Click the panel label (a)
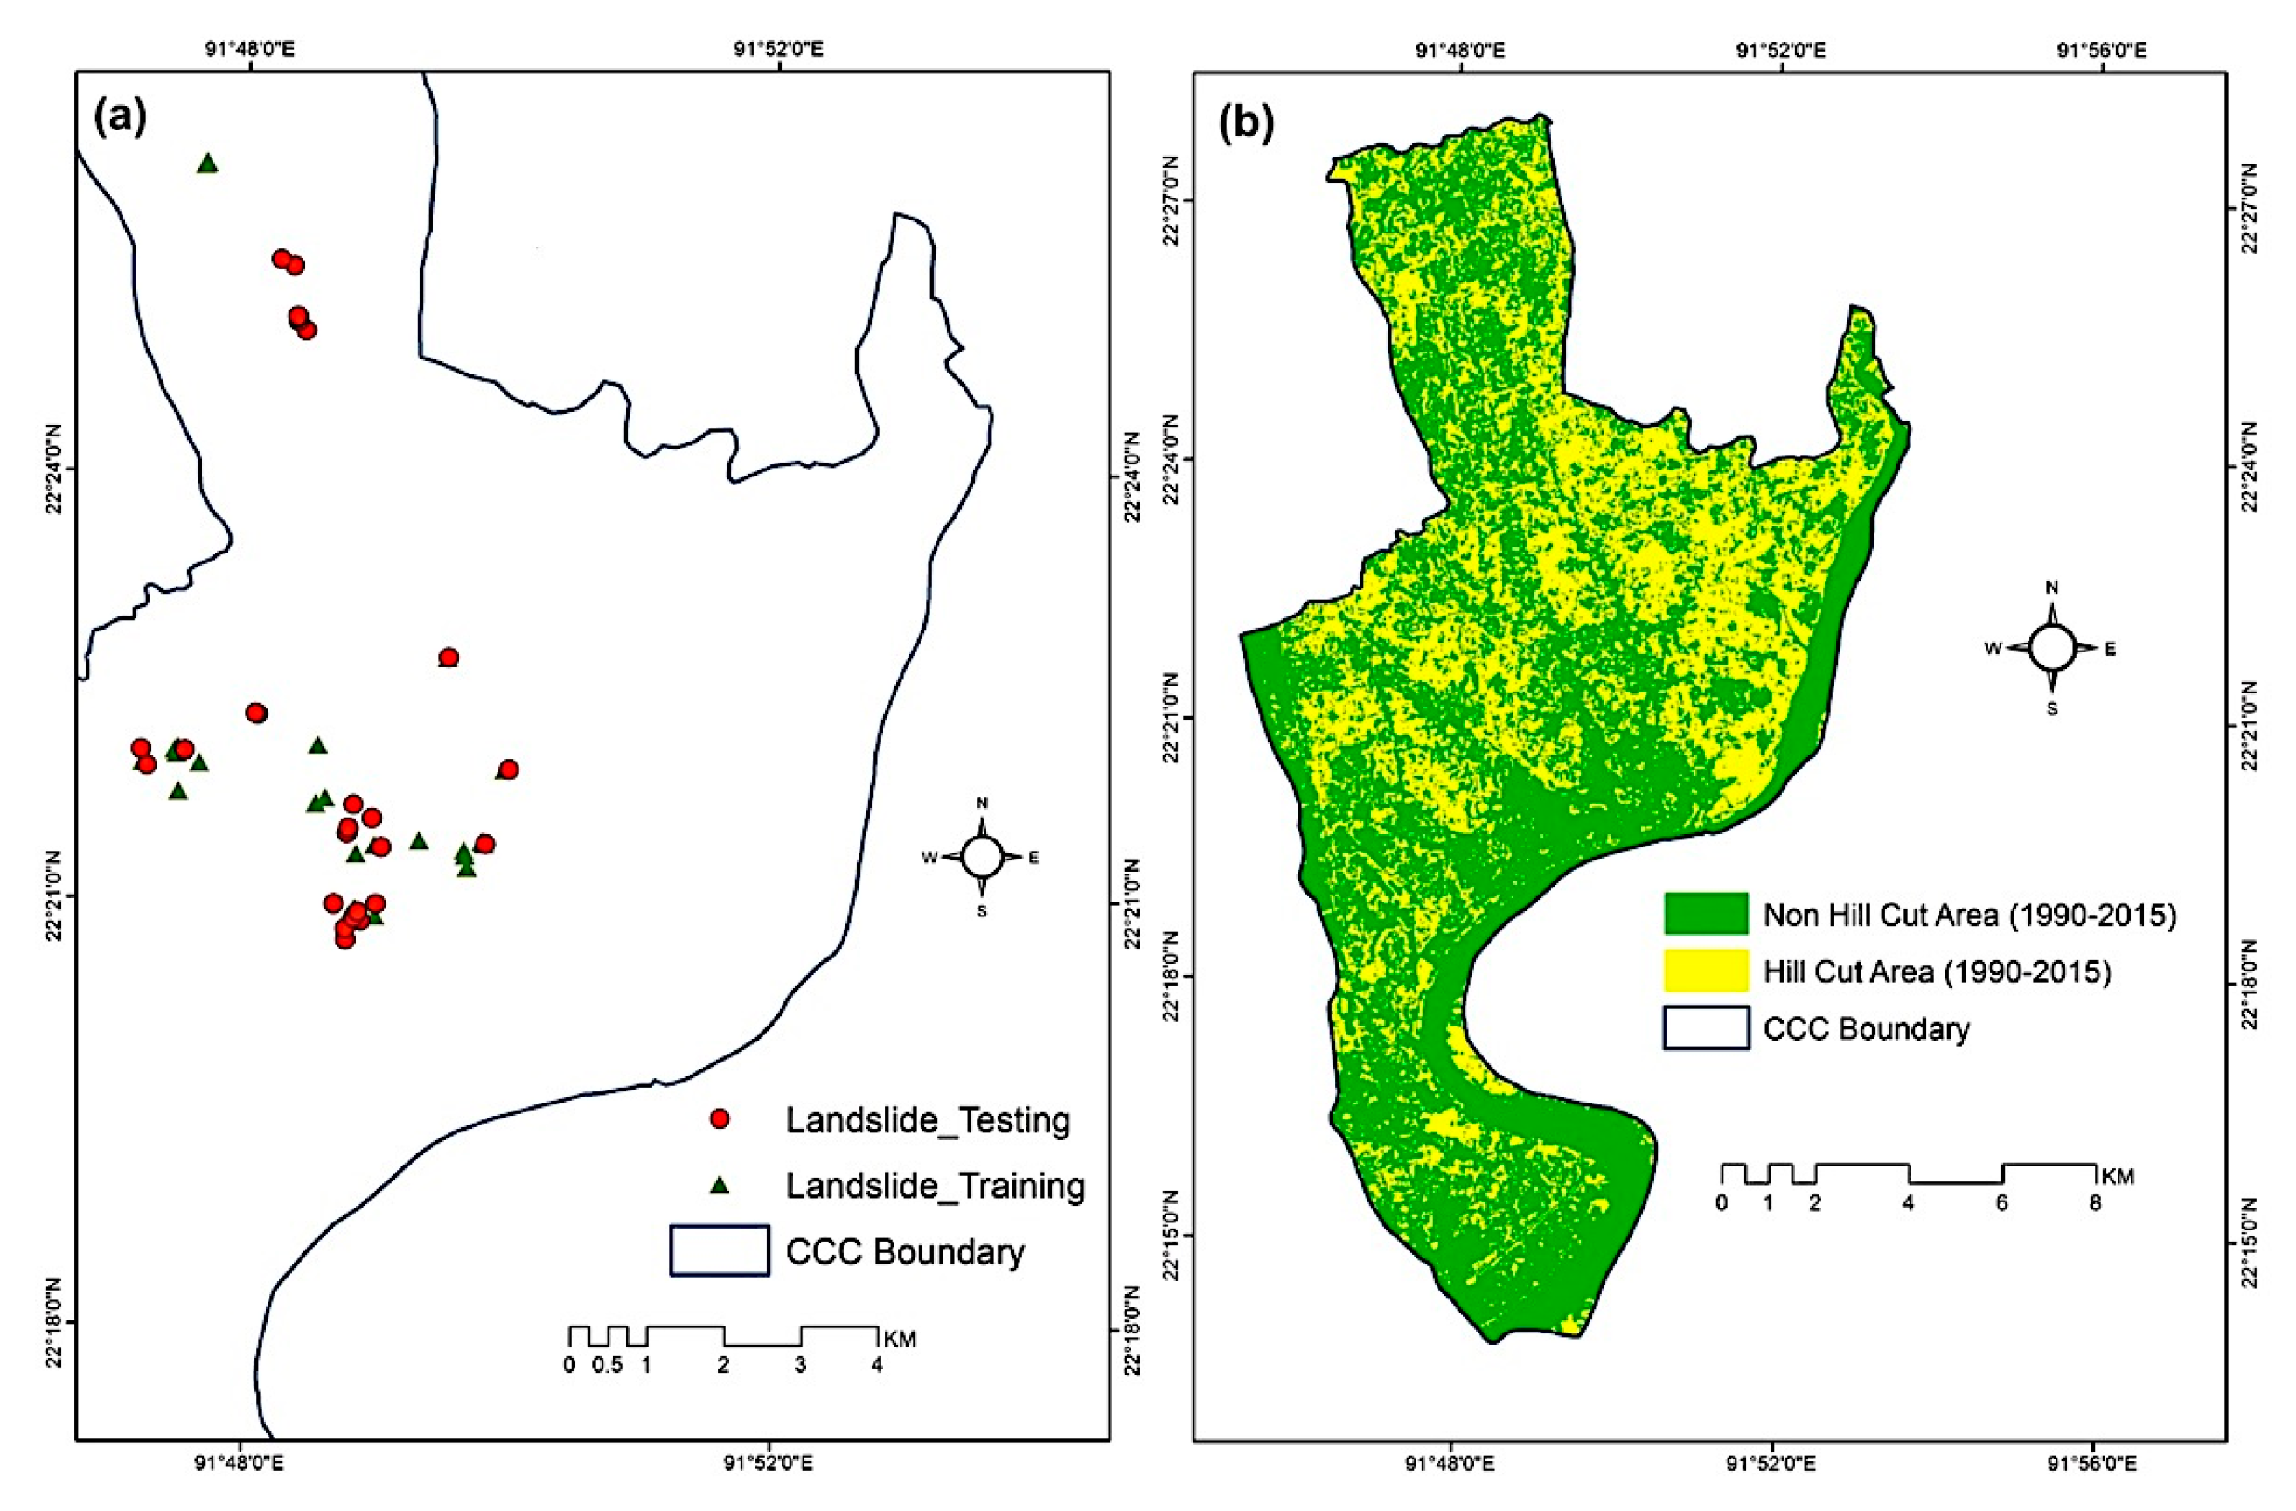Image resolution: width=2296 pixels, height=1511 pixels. [121, 117]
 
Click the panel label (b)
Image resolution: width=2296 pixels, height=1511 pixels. [1247, 123]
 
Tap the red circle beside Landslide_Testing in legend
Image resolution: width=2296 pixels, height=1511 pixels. [719, 1119]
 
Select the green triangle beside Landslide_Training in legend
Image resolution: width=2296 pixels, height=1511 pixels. [719, 1185]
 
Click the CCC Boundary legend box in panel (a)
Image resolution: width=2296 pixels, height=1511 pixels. [720, 1250]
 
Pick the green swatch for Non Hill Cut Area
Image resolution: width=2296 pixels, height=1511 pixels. [1706, 914]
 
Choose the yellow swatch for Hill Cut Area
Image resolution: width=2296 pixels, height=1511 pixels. [1706, 971]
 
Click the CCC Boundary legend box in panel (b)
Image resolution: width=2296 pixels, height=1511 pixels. [1706, 1027]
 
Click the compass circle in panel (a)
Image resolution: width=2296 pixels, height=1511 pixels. [982, 856]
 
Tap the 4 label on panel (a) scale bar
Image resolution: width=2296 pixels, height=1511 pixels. [877, 1365]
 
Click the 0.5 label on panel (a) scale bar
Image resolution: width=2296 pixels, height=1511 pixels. [607, 1365]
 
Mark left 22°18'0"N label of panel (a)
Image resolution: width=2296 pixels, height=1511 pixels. [57, 1323]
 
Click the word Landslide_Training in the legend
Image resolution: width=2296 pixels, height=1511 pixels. [935, 1185]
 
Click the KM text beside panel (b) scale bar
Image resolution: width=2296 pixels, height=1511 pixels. [2118, 1176]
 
